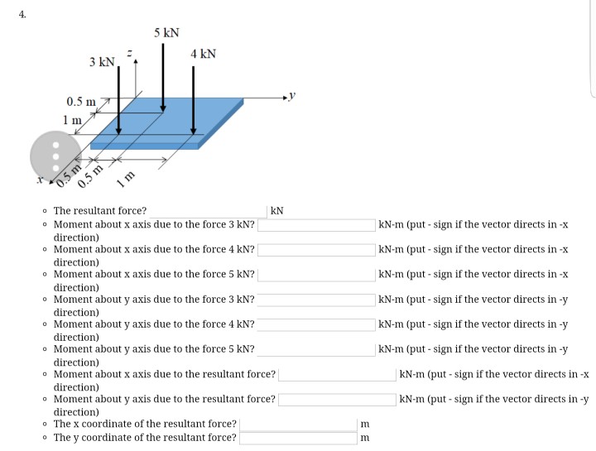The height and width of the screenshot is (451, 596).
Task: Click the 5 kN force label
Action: (x=166, y=33)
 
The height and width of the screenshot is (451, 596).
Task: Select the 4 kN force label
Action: (x=203, y=54)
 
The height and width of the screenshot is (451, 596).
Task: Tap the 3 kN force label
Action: (x=103, y=63)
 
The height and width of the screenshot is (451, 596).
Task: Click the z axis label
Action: (x=128, y=53)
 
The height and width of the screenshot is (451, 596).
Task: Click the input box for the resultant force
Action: (x=207, y=211)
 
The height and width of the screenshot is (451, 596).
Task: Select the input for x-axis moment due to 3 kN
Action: (x=316, y=224)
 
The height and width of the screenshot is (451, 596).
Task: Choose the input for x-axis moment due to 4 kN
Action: (x=316, y=249)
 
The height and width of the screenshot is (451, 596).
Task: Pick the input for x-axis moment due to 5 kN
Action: (x=316, y=274)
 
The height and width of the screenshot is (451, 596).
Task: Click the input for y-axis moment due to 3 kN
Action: (x=316, y=300)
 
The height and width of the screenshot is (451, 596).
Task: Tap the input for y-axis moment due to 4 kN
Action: (x=316, y=324)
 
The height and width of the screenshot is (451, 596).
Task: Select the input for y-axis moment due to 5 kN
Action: (x=316, y=349)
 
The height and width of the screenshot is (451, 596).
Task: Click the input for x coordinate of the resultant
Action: (x=298, y=425)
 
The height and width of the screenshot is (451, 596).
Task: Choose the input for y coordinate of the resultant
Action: (x=298, y=438)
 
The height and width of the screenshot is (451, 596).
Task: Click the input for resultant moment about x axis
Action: (x=337, y=375)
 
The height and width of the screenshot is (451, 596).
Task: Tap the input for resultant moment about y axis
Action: (x=337, y=400)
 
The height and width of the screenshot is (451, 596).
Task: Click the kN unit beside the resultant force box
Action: (x=277, y=211)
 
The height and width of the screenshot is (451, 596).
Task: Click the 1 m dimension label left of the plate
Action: (x=72, y=120)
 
